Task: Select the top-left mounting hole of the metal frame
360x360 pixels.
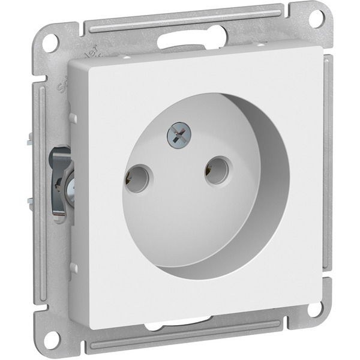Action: pos(52,42)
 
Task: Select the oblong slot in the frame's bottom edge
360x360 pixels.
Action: pos(168,326)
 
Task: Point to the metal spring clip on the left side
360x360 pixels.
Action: pos(62,180)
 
